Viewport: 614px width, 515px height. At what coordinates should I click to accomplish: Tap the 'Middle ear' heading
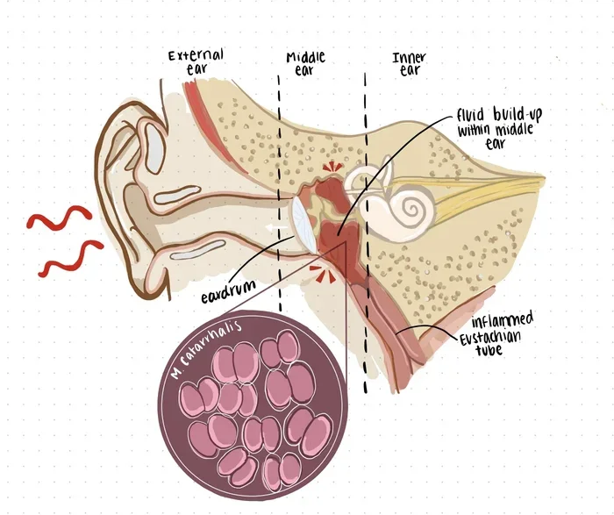pyautogui.click(x=305, y=63)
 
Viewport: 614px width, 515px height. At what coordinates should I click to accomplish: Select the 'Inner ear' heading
pyautogui.click(x=410, y=64)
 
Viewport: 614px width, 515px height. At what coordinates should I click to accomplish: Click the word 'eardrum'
pyautogui.click(x=228, y=291)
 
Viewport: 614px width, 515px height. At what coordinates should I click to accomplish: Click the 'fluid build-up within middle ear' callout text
pyautogui.click(x=499, y=127)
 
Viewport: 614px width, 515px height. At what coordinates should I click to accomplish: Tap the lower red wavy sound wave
pyautogui.click(x=70, y=259)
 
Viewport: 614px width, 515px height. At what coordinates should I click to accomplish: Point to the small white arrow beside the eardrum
pyautogui.click(x=275, y=227)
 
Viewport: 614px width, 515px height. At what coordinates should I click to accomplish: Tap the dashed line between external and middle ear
pyautogui.click(x=280, y=193)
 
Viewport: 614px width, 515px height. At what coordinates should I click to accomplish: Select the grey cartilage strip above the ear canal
pyautogui.click(x=177, y=194)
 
